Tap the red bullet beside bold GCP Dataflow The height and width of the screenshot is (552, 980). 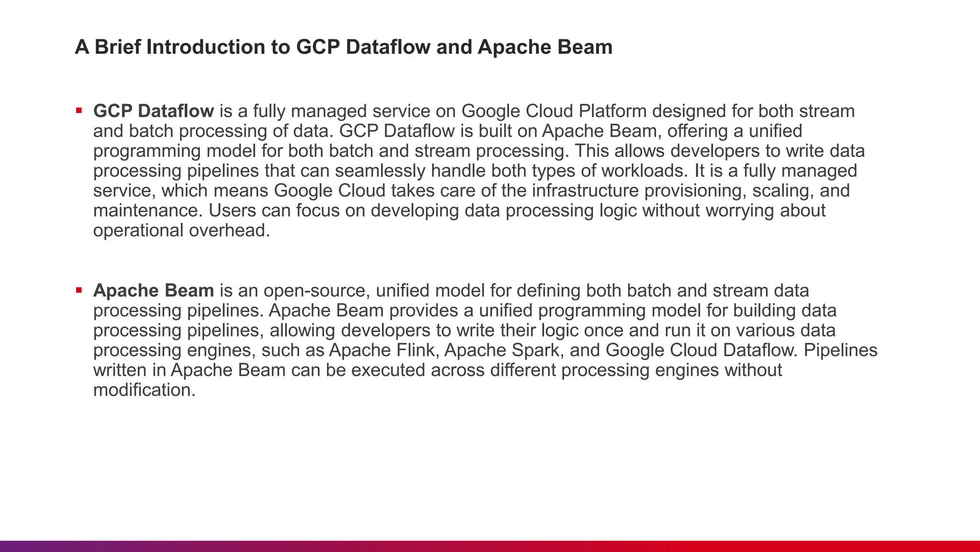[x=79, y=111]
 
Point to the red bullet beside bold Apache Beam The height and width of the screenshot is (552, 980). [x=79, y=290]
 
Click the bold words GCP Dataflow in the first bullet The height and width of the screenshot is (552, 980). [x=154, y=111]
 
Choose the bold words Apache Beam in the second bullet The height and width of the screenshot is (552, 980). [x=154, y=291]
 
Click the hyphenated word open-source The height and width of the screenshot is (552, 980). [x=316, y=291]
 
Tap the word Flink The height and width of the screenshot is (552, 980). [x=417, y=350]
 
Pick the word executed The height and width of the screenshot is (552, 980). [x=388, y=370]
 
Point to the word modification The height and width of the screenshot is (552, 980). [x=144, y=390]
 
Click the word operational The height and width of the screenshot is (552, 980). [x=138, y=230]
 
